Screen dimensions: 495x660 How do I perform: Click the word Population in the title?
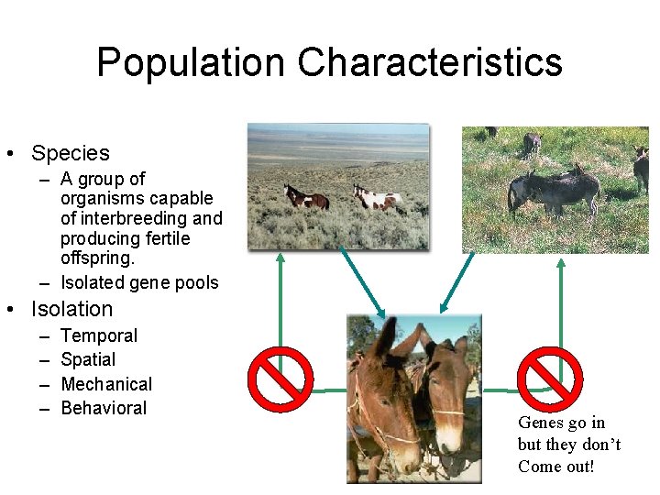[191, 63]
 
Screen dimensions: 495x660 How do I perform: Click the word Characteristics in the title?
[430, 63]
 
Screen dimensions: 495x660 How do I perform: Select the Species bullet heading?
[70, 153]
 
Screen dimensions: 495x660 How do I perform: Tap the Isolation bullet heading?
[71, 309]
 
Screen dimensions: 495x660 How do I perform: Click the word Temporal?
[99, 336]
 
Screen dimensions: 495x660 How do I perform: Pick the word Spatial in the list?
[88, 360]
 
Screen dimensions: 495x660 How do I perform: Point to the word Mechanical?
[106, 384]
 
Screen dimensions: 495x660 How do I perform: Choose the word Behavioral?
[104, 408]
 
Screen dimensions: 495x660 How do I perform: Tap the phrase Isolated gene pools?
[139, 282]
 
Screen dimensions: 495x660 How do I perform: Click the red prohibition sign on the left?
[281, 379]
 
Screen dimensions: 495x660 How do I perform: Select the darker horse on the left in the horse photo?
[305, 197]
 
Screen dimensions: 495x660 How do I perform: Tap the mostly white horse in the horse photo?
[377, 197]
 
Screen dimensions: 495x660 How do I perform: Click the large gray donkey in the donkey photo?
[554, 190]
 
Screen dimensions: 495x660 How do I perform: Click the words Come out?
[556, 467]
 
